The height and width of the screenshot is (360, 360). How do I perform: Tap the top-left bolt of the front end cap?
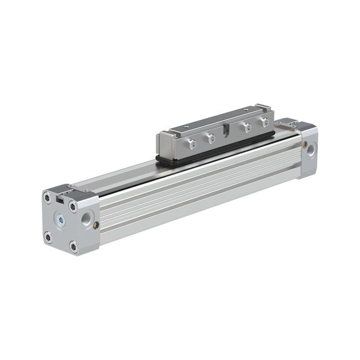click(47, 197)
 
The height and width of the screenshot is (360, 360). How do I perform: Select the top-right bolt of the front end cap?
click(74, 207)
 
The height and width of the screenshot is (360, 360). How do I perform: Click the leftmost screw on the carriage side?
click(193, 144)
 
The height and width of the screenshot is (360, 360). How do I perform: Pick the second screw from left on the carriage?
click(211, 138)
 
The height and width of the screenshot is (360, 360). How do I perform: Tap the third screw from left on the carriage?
click(246, 127)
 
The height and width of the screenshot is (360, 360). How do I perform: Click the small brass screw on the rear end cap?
click(304, 144)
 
